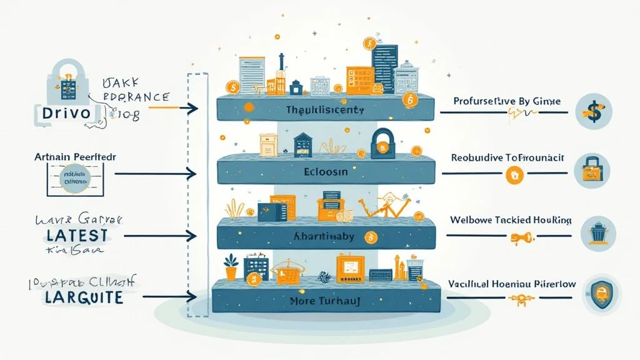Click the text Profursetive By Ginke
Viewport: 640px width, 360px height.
(507, 101)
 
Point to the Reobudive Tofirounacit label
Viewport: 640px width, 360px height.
(507, 158)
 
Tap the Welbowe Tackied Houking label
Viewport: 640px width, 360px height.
(509, 221)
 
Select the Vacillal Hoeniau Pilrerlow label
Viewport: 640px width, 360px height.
(512, 284)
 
